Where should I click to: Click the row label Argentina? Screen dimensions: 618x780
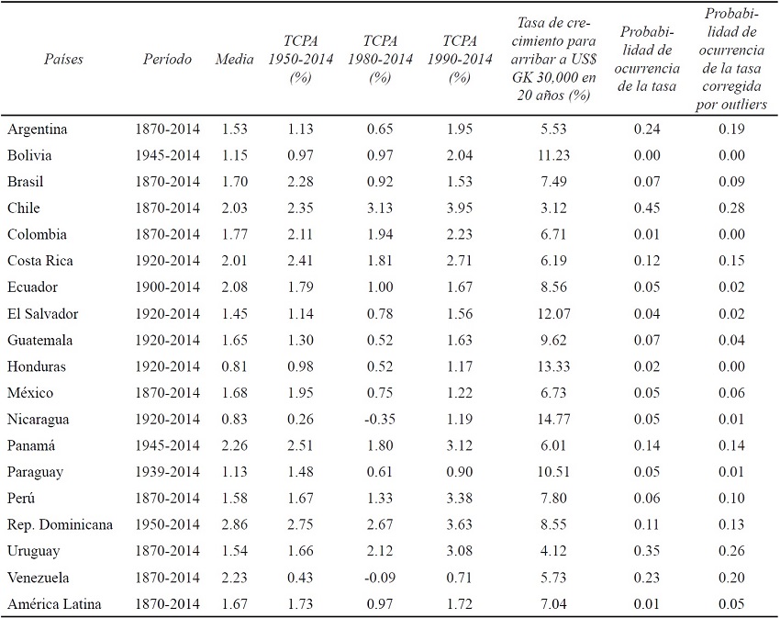38,129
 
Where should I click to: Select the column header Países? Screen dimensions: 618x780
63,60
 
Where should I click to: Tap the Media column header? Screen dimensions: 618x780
234,60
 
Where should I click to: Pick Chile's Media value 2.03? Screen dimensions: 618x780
234,208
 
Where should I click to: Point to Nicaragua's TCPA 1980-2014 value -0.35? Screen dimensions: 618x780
379,420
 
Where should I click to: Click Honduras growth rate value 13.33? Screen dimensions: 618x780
552,366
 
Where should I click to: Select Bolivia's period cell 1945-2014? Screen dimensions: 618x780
168,155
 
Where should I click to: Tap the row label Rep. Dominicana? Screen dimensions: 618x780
61,525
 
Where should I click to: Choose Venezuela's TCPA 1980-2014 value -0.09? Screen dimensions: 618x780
379,579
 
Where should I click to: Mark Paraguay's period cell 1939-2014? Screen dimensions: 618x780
168,472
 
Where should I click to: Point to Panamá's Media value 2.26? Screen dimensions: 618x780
234,446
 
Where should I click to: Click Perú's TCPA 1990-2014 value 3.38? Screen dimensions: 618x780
459,499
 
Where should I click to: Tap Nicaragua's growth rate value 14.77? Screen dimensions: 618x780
552,420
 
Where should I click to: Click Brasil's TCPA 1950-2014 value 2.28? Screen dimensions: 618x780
300,181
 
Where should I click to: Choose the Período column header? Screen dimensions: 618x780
168,60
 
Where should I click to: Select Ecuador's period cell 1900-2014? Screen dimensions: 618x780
168,287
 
